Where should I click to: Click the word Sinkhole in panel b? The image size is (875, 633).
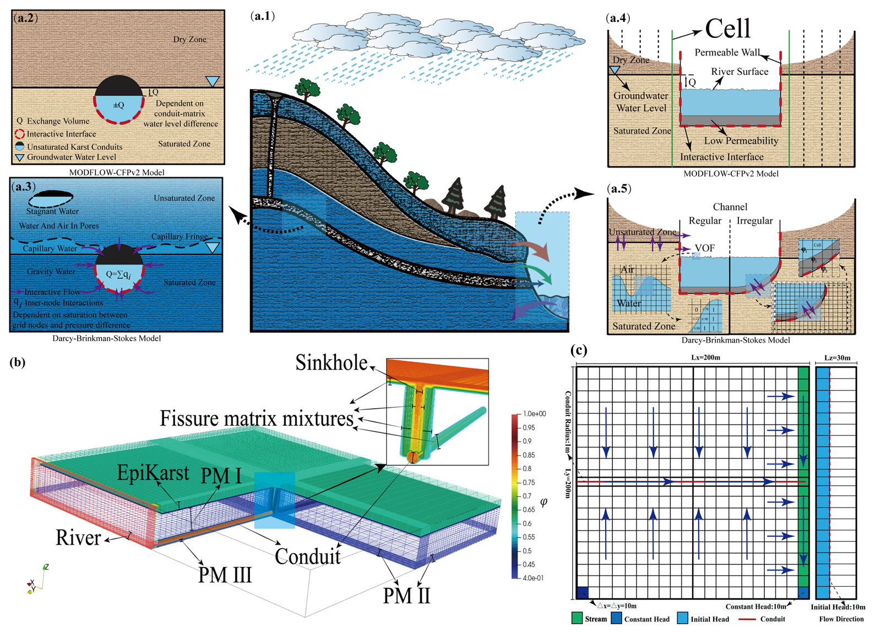(331, 363)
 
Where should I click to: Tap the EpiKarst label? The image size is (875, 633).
(153, 473)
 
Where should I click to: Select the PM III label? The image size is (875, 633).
(225, 575)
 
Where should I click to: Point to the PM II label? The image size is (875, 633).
(406, 595)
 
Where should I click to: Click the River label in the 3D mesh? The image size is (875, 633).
(78, 537)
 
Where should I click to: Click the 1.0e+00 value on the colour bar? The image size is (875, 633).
(534, 414)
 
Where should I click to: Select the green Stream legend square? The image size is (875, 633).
(577, 618)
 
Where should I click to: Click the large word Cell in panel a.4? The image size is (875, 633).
(727, 28)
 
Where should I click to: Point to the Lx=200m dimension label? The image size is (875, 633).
(705, 358)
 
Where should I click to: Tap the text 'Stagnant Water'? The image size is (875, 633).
(52, 211)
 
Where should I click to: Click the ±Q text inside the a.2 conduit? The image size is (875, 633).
(118, 105)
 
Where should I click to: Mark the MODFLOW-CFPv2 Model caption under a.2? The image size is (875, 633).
(117, 172)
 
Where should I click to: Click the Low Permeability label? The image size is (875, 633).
(741, 140)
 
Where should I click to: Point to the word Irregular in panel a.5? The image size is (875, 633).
(754, 220)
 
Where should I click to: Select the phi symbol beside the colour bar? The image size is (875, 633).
(544, 502)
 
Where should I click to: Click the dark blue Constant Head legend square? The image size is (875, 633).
(616, 618)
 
